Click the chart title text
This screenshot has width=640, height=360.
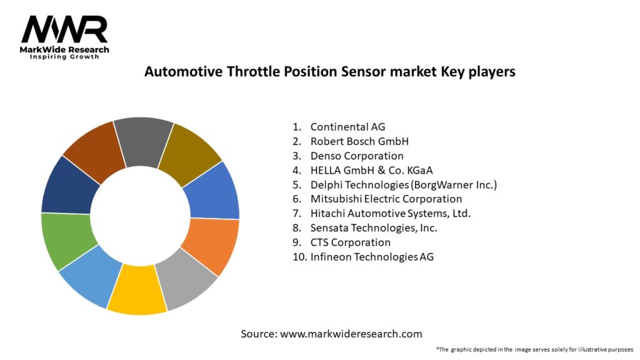pyautogui.click(x=329, y=71)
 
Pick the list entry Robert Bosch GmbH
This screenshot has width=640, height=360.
pyautogui.click(x=359, y=141)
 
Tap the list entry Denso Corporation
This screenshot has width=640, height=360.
pyautogui.click(x=357, y=156)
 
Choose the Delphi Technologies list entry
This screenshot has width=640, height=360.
pyautogui.click(x=403, y=184)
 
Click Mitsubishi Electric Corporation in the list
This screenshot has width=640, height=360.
pyautogui.click(x=386, y=199)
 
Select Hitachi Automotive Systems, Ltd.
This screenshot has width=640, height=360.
pyautogui.click(x=391, y=213)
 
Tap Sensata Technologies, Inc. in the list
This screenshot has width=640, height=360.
pyautogui.click(x=374, y=227)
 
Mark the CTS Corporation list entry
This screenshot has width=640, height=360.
pyautogui.click(x=350, y=242)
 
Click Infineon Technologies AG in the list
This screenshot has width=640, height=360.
pyautogui.click(x=372, y=256)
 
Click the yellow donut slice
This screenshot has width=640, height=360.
pyautogui.click(x=136, y=290)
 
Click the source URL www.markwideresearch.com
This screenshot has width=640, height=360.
pyautogui.click(x=351, y=334)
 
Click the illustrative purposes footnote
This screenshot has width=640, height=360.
pyautogui.click(x=534, y=349)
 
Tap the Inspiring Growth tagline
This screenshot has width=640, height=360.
pyautogui.click(x=64, y=57)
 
